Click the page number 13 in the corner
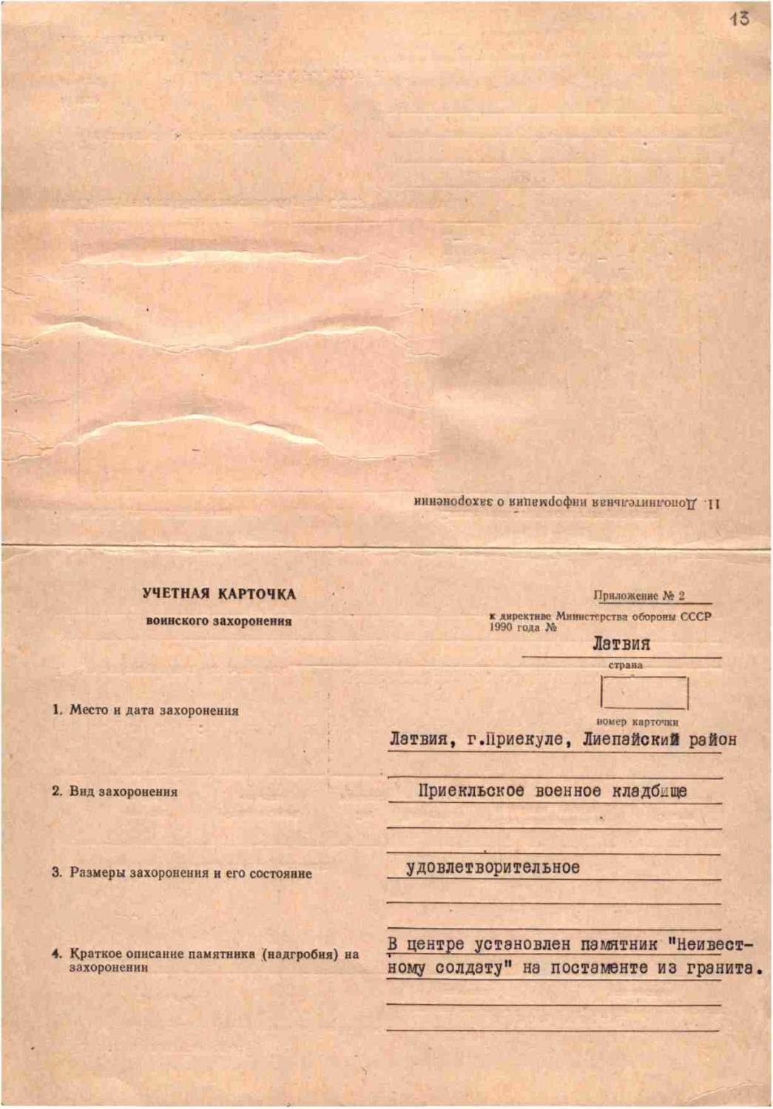[x=739, y=18]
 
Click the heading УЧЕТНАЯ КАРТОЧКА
[x=219, y=594]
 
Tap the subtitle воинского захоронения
[x=219, y=621]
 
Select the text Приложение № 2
[x=639, y=595]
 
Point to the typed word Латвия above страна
[x=621, y=644]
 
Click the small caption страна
[x=625, y=665]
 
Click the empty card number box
[x=644, y=693]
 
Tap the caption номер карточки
[x=637, y=722]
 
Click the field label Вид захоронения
[x=124, y=792]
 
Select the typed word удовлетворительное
[x=493, y=867]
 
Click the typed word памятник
[x=618, y=944]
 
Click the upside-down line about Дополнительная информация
[x=567, y=503]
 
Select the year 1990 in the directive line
[x=500, y=627]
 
